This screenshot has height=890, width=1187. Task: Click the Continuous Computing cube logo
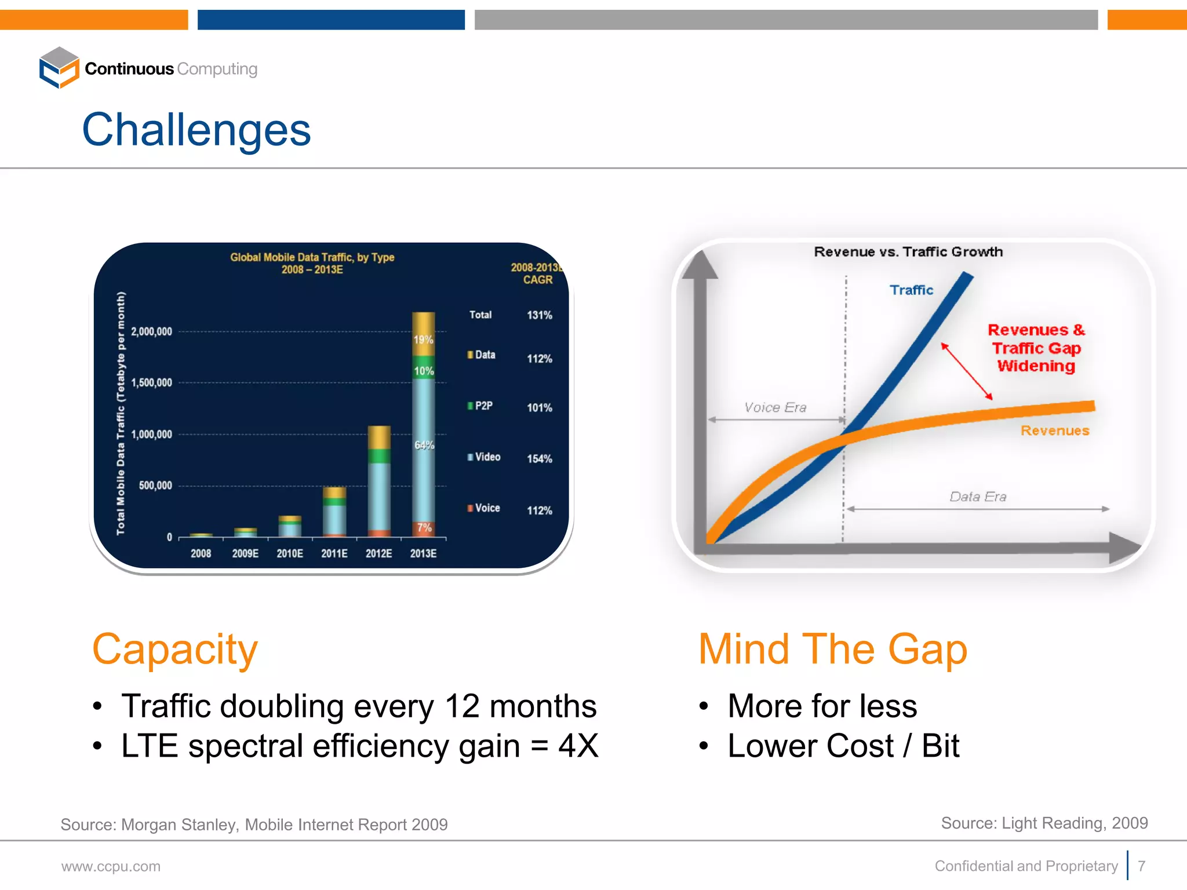(x=59, y=68)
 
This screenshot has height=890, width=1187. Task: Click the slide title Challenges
(x=196, y=130)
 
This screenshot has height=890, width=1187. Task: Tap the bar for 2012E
(x=379, y=481)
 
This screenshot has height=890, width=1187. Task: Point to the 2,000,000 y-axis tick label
(x=151, y=331)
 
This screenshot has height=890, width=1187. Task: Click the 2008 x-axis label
(x=201, y=553)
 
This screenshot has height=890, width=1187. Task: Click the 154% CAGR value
(x=539, y=459)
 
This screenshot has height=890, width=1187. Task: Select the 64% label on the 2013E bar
(x=424, y=445)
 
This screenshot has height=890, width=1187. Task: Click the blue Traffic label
(x=911, y=290)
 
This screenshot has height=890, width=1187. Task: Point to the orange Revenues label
(x=1054, y=431)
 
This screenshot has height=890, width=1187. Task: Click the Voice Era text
(x=775, y=407)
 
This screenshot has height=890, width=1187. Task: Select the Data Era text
(x=978, y=497)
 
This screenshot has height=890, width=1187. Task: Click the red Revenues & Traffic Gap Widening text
(x=1036, y=348)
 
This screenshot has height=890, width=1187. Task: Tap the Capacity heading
(x=174, y=649)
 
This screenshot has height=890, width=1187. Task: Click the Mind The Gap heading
(x=832, y=649)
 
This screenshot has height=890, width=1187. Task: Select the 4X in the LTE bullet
(x=578, y=746)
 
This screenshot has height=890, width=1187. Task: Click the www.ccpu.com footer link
(x=111, y=866)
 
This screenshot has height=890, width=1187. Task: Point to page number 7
(x=1141, y=866)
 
